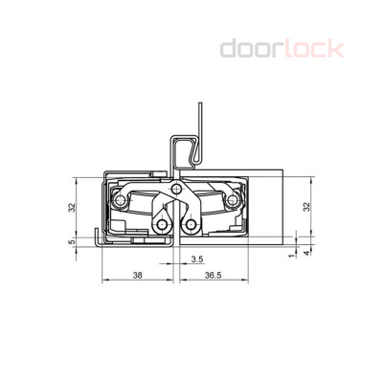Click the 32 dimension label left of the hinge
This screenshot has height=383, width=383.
[73, 208]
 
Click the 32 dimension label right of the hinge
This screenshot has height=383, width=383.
[306, 207]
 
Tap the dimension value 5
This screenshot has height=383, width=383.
[73, 241]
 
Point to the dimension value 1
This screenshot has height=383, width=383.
[290, 256]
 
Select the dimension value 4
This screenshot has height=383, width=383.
[306, 253]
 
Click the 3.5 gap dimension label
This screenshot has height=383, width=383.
[197, 259]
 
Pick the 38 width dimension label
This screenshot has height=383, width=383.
[137, 275]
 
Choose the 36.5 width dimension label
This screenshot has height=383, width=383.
[214, 275]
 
